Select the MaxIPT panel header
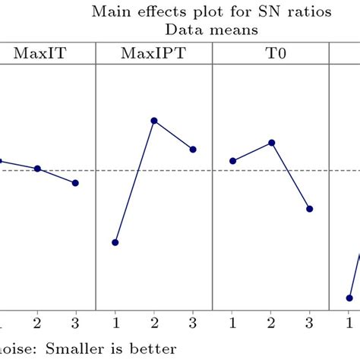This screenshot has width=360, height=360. point(154,55)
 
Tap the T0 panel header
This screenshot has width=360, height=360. point(270,55)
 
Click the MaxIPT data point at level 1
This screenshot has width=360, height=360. point(115,242)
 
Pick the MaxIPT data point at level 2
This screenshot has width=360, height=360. point(154,121)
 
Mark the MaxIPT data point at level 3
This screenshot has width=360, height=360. point(193,150)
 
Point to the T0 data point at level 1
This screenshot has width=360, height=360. point(232,161)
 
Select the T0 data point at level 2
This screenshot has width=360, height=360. point(271,143)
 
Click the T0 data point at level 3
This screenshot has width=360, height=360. point(310,209)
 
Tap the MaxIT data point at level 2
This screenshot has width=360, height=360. point(37,169)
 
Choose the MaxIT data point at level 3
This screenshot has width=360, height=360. point(76,183)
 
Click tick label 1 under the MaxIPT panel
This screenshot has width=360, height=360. point(115,321)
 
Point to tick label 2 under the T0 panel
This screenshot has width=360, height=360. point(271,321)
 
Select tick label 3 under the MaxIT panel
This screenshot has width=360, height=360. point(76,321)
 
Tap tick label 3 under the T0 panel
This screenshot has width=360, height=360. point(310,321)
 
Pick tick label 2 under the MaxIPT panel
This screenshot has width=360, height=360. point(154,321)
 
